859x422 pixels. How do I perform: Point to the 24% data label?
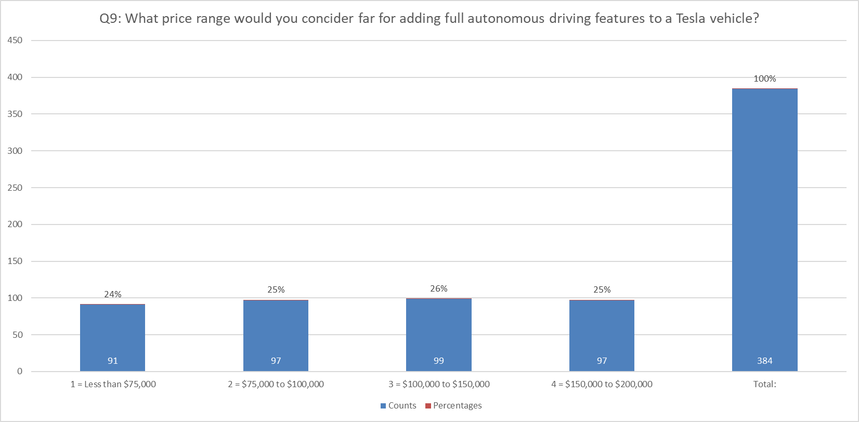point(112,295)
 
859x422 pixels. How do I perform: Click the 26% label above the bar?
point(438,289)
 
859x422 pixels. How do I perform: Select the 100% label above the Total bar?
point(764,79)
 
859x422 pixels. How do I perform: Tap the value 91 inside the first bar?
point(112,361)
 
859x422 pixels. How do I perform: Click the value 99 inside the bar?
point(438,361)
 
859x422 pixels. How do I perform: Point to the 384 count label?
point(764,361)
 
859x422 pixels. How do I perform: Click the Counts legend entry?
point(398,405)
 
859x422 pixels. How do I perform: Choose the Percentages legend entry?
point(453,405)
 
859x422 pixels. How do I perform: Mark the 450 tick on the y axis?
point(15,41)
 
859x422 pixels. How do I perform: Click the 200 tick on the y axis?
point(15,225)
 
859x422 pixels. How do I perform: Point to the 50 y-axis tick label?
point(18,335)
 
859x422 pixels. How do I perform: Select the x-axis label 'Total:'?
point(764,385)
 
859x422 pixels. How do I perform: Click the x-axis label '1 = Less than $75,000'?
point(113,385)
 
